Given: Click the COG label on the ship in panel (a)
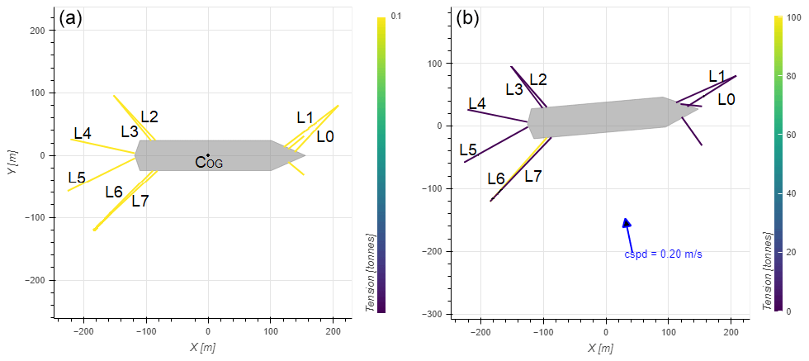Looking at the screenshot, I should (x=209, y=162).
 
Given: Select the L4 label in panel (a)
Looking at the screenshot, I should (x=83, y=133).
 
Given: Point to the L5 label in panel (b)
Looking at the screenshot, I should (x=468, y=150).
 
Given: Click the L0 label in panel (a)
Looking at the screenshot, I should (x=325, y=136).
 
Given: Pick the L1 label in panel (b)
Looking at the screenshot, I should (x=717, y=76).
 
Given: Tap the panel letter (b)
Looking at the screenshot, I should (x=467, y=18).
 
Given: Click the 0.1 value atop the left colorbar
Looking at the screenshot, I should (x=395, y=15).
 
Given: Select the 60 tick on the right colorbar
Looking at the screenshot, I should (x=790, y=134).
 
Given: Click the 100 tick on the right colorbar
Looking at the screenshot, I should (x=792, y=17).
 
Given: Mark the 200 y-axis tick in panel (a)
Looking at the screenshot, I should (x=36, y=30).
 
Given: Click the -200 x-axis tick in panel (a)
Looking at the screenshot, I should (x=83, y=330).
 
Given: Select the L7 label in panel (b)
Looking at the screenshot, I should (x=533, y=176).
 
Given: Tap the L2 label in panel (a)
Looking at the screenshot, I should (x=149, y=116).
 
